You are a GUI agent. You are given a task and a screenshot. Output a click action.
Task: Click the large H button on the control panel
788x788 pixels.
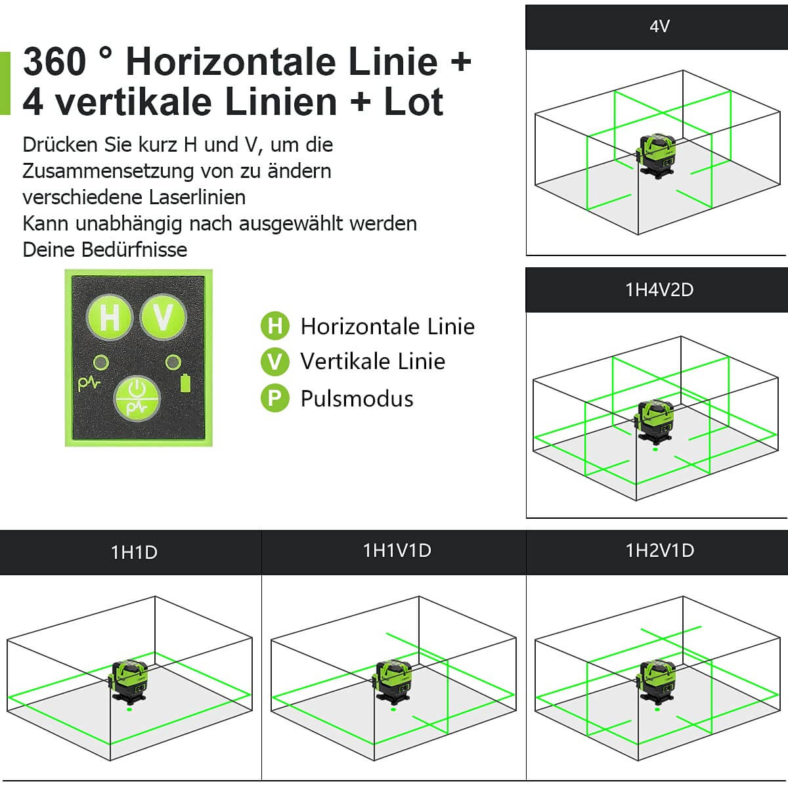pyautogui.click(x=110, y=317)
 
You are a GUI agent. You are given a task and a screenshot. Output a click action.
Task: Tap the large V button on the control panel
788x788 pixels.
pyautogui.click(x=163, y=317)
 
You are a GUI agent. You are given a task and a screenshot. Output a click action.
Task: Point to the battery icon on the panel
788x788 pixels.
pyautogui.click(x=186, y=383)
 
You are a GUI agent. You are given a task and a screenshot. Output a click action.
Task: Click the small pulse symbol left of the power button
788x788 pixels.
pyautogui.click(x=89, y=383)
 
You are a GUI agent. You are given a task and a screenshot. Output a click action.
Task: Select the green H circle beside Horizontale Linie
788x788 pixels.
pyautogui.click(x=274, y=326)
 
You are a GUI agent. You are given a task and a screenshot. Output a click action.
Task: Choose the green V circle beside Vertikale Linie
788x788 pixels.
pyautogui.click(x=274, y=362)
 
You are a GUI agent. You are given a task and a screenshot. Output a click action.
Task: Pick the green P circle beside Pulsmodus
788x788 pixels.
pyautogui.click(x=274, y=399)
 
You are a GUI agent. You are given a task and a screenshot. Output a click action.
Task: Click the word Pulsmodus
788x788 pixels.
pyautogui.click(x=357, y=399)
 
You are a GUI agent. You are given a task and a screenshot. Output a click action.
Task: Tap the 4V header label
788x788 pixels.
pyautogui.click(x=659, y=26)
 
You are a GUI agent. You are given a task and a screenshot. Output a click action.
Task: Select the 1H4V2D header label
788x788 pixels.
pyautogui.click(x=659, y=290)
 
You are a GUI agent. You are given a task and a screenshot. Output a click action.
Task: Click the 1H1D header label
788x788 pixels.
pyautogui.click(x=134, y=552)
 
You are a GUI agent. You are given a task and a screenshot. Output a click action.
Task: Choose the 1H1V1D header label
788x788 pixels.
pyautogui.click(x=397, y=550)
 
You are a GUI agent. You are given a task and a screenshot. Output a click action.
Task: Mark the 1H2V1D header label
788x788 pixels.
pyautogui.click(x=659, y=550)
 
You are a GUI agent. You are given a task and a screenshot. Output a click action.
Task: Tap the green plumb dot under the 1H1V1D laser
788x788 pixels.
pyautogui.click(x=393, y=709)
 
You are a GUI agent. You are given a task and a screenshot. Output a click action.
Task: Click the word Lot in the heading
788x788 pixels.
pyautogui.click(x=414, y=102)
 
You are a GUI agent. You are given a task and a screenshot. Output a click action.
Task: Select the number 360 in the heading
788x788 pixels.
pyautogui.click(x=55, y=62)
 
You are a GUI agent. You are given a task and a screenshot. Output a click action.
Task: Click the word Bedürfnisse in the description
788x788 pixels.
pyautogui.click(x=134, y=250)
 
